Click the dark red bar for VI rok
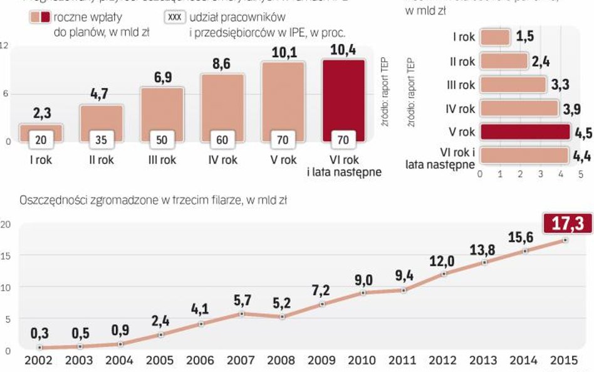click(x=343, y=94)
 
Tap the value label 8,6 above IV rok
click(x=222, y=63)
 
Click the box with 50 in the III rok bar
click(x=162, y=140)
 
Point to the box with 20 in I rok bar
click(x=41, y=140)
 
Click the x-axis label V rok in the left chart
click(x=283, y=160)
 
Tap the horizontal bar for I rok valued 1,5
click(x=495, y=37)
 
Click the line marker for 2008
click(x=283, y=317)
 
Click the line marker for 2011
click(x=404, y=290)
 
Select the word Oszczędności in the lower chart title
click(x=49, y=201)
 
